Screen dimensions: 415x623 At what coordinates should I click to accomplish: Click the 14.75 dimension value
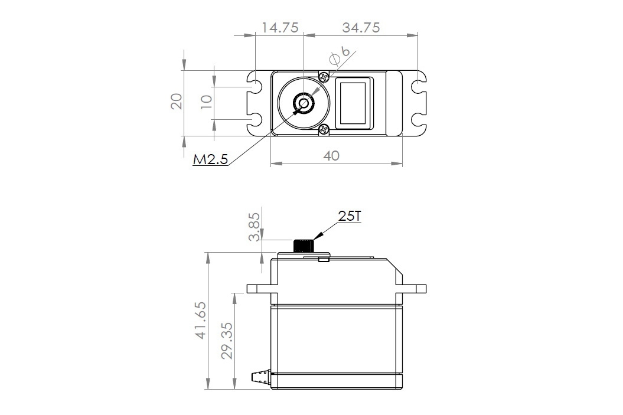click(x=279, y=28)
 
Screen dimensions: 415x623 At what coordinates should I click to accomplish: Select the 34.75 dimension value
click(x=360, y=28)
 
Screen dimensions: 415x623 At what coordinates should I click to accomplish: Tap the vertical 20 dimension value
click(x=177, y=102)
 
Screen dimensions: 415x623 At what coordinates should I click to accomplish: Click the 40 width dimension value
click(x=332, y=156)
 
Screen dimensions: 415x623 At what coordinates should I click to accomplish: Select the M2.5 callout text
click(x=210, y=161)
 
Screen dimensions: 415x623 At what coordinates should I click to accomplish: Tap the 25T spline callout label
click(x=350, y=217)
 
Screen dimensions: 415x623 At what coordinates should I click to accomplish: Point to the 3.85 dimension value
click(x=255, y=227)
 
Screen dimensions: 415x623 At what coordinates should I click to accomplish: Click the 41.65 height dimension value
click(x=201, y=320)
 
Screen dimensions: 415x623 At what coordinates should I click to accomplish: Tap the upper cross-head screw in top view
click(x=324, y=77)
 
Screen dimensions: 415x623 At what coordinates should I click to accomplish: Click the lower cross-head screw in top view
click(x=324, y=130)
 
